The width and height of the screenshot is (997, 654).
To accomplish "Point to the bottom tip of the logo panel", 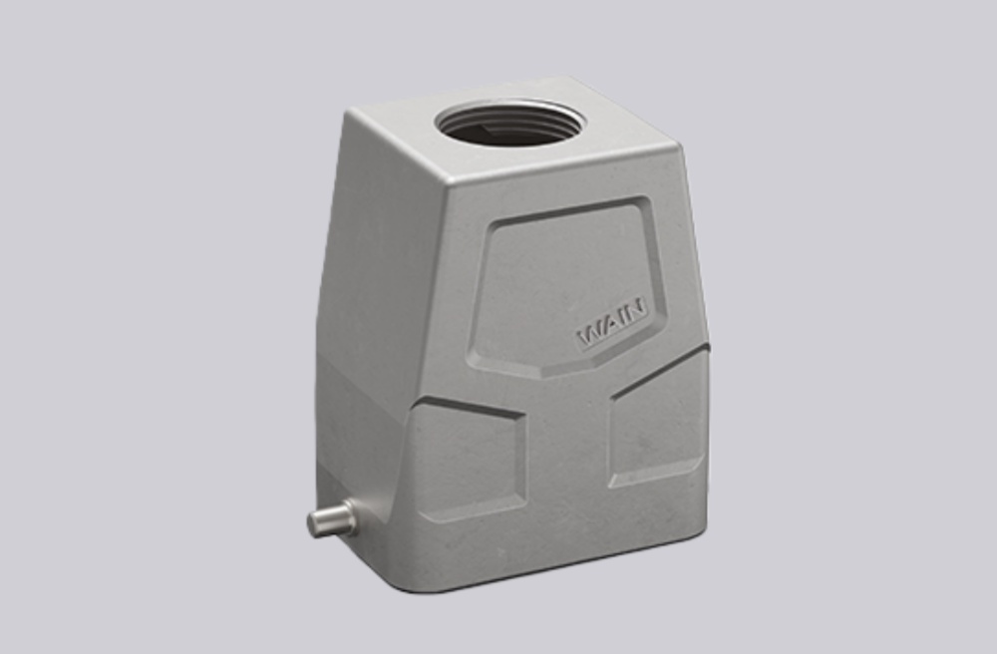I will click(543, 376).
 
